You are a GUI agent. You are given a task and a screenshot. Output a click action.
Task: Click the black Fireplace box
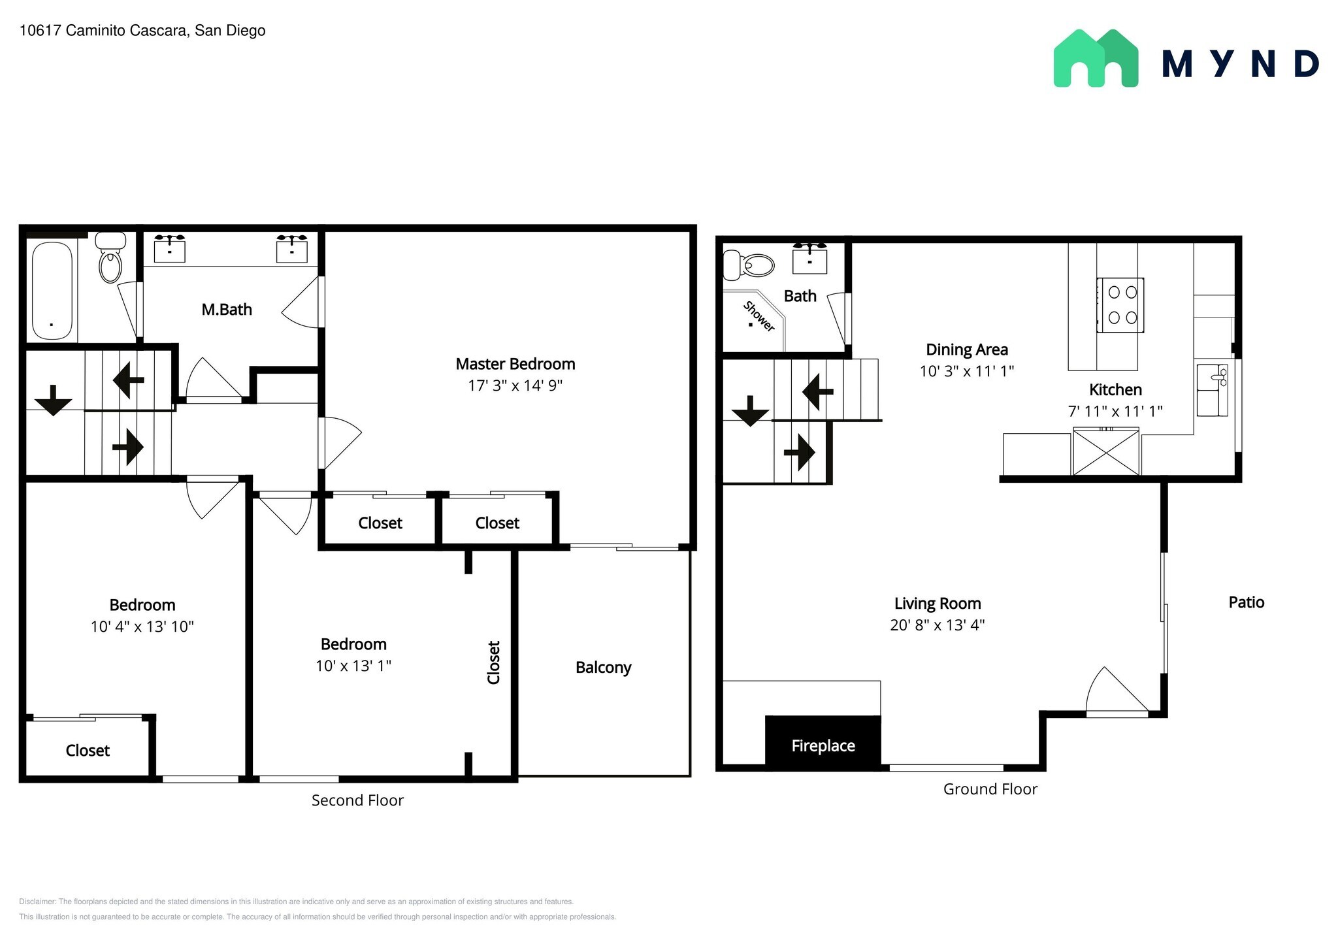tap(823, 745)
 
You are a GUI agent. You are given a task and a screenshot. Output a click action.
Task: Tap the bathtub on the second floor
tap(52, 291)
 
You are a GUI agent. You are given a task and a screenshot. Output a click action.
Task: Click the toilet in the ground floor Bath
tap(751, 266)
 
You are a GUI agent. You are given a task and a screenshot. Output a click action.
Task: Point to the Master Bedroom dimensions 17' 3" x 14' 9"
tap(515, 385)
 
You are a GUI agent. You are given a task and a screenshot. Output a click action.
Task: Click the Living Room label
tap(937, 604)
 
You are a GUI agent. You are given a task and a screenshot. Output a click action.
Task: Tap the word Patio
tap(1246, 602)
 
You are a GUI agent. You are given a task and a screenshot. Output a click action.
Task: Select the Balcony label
tap(603, 668)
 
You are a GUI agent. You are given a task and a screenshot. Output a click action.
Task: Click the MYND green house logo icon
tap(1096, 58)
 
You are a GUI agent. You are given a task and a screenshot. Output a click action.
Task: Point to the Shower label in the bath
tap(759, 316)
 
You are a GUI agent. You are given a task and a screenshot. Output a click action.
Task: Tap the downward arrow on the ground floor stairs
tap(750, 410)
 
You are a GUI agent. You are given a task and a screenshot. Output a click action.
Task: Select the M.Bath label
tap(227, 310)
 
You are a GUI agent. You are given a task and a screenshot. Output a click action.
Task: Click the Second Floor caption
tap(357, 800)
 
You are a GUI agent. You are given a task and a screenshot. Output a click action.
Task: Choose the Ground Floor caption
tap(990, 789)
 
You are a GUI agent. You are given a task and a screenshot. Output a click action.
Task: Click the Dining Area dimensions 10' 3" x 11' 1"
tap(966, 371)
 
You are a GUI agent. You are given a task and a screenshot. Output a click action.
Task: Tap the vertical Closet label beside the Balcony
tap(494, 662)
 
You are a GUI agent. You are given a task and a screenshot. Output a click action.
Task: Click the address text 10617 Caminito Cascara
tap(142, 31)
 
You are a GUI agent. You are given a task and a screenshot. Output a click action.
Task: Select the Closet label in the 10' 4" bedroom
tap(88, 751)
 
